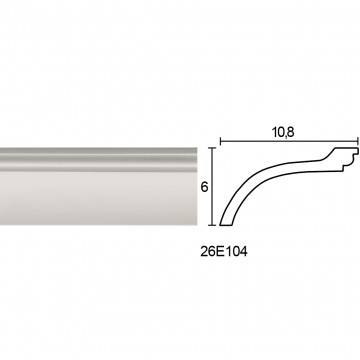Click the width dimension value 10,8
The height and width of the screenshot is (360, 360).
point(283,132)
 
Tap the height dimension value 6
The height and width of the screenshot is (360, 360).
point(204,187)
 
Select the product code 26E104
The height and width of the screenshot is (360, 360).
point(224,252)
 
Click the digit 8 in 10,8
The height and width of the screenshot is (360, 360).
point(290,132)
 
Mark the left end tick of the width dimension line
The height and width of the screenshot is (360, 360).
point(220,141)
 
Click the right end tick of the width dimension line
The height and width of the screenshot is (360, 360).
point(358,141)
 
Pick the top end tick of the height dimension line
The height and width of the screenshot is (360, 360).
point(212,148)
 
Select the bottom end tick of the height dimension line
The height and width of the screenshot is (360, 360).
point(212,225)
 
